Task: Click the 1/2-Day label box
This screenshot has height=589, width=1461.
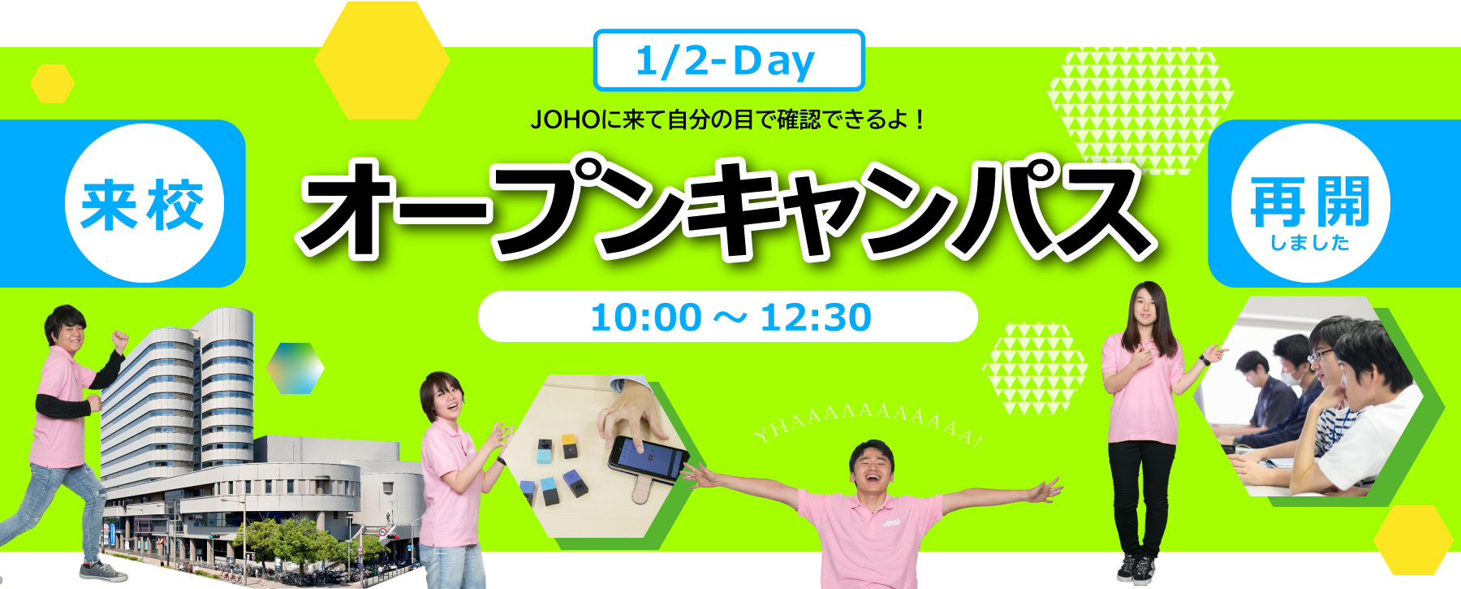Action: [729, 60]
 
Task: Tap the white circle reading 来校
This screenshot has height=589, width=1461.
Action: [143, 203]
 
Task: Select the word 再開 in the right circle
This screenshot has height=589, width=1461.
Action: [1310, 201]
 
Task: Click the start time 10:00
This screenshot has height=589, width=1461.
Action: [646, 317]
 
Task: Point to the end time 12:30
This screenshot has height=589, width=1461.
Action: [816, 317]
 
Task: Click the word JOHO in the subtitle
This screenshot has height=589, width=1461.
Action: [565, 120]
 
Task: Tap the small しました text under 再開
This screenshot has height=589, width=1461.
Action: [1310, 242]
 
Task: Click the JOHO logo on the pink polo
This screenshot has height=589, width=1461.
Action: [892, 522]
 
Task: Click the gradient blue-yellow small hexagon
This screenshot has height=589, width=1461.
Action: [295, 368]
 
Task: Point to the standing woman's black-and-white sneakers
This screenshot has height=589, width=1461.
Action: [1136, 568]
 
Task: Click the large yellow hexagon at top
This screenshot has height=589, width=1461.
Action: [382, 60]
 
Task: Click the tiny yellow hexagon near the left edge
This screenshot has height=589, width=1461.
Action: [53, 84]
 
